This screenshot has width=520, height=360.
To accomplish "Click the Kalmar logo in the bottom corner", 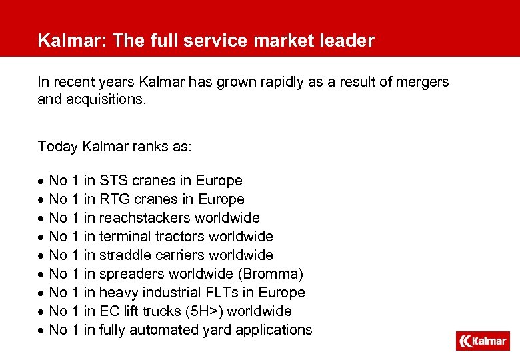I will pos(483,341).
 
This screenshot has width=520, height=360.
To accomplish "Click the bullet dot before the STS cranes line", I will pos(41,181).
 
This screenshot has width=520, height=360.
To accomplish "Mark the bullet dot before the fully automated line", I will pos(41,331).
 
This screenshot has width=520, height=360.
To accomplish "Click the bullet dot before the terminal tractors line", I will pos(41,237).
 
